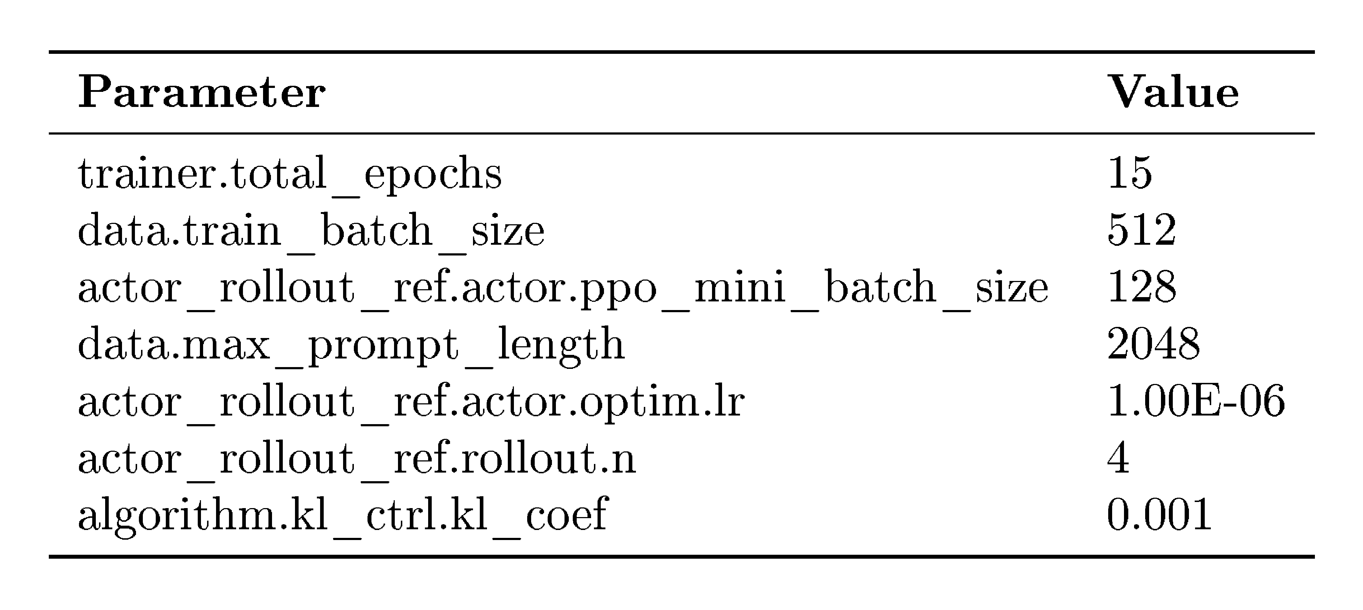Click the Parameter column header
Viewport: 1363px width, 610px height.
coord(202,93)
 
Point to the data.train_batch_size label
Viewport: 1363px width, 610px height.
coord(311,231)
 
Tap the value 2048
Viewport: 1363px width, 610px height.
coord(1153,344)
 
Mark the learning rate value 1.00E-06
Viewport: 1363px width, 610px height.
coord(1196,401)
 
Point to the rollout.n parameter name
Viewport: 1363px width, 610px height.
coord(357,458)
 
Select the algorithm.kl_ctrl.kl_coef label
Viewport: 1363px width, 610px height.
coord(343,516)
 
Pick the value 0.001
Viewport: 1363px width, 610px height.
coord(1159,515)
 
